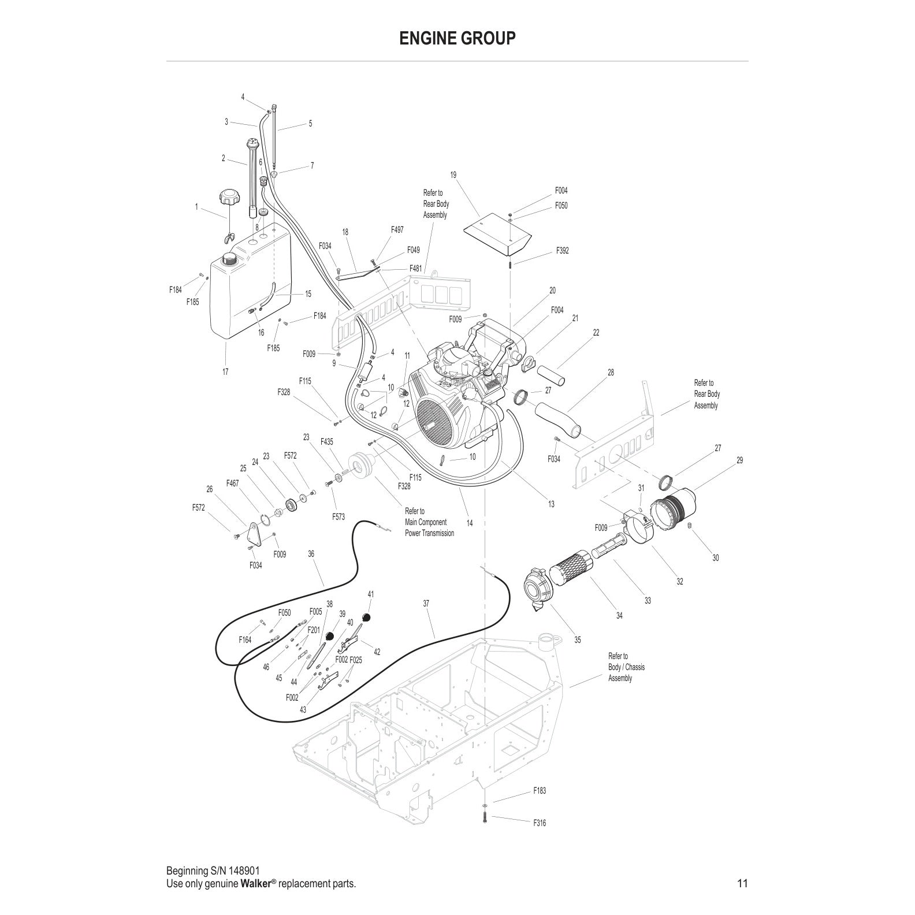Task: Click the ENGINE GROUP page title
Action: point(457,38)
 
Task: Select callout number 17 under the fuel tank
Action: point(225,371)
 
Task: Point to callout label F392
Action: point(562,251)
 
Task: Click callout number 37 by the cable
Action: point(426,604)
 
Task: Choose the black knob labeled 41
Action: point(366,618)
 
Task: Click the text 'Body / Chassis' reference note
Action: point(626,667)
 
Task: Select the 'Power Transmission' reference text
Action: point(429,533)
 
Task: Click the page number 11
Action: point(742,883)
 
